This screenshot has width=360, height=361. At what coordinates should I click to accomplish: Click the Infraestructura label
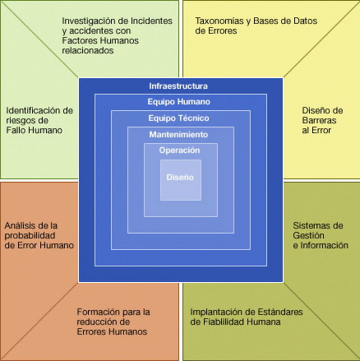point(178,86)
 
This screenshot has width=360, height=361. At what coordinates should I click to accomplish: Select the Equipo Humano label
point(179,102)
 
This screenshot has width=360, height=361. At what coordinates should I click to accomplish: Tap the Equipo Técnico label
point(178,118)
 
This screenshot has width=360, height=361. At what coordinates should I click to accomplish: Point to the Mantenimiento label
point(178,135)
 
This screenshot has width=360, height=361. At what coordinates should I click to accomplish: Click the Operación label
point(180,150)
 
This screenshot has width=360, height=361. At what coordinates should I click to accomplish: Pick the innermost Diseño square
point(181,180)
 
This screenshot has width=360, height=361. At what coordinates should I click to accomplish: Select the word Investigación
point(93,21)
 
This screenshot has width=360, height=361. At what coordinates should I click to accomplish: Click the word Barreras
point(319,120)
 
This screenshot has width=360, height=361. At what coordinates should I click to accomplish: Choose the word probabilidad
point(30,235)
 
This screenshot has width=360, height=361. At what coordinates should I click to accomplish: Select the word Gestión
point(308,235)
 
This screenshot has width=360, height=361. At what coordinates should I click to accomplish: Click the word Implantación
point(215,312)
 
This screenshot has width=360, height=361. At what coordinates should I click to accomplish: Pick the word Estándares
point(279,312)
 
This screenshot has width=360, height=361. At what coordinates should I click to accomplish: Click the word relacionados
point(88,50)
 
